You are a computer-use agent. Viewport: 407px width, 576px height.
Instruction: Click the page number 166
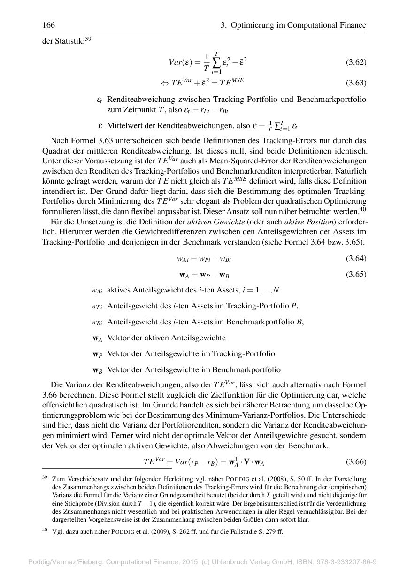point(48,25)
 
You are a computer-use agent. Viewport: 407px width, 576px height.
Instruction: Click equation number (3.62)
point(356,62)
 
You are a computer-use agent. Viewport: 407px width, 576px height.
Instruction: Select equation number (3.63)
point(356,83)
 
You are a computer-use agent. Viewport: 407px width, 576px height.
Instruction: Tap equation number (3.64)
point(356,259)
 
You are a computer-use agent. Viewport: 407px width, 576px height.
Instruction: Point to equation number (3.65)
point(356,275)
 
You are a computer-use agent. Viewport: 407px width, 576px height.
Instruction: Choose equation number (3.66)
point(356,462)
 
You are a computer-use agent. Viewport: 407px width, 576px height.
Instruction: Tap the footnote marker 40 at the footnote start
point(45,530)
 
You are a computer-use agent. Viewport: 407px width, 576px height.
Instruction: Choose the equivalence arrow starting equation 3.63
point(165,84)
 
